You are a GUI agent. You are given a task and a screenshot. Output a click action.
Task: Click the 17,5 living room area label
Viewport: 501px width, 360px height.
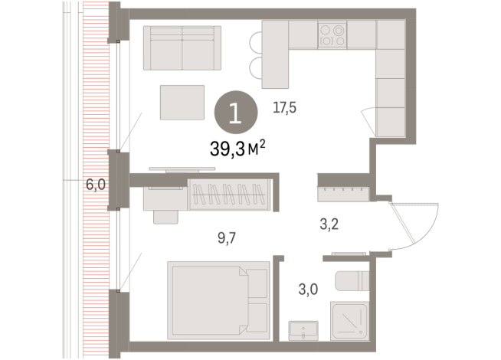coord(284,108)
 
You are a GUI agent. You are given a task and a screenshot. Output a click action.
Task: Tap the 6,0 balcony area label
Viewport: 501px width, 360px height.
coord(95,185)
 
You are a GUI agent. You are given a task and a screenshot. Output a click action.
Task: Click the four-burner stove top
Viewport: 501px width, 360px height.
coord(332,35)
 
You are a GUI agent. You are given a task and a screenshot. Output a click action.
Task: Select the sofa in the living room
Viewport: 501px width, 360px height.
coord(182,48)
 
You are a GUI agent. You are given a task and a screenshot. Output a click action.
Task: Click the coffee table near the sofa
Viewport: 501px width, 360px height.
coord(182,102)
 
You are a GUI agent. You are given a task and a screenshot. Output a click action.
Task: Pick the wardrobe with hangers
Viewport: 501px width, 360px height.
coord(230,195)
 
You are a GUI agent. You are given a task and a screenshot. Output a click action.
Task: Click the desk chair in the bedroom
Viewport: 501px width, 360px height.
coord(163,214)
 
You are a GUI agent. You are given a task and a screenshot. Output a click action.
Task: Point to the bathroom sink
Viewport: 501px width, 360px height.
coord(305,330)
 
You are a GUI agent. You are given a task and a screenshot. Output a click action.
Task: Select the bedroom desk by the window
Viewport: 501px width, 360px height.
coord(163,195)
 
